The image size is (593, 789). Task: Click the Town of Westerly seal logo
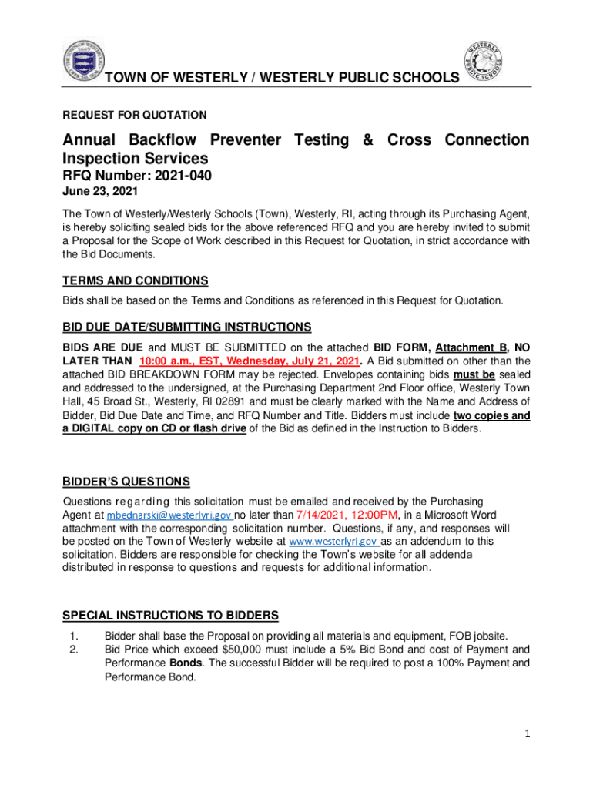point(81,59)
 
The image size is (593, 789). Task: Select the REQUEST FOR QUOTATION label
point(134,116)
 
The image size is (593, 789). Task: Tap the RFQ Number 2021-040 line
point(136,176)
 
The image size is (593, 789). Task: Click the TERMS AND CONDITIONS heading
point(135,281)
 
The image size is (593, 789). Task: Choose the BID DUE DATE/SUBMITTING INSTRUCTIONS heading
point(186,327)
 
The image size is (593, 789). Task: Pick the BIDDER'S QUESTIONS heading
point(126,482)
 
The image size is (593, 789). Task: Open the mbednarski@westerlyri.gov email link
point(169,515)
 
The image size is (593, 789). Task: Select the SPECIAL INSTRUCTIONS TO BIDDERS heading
point(169,616)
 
